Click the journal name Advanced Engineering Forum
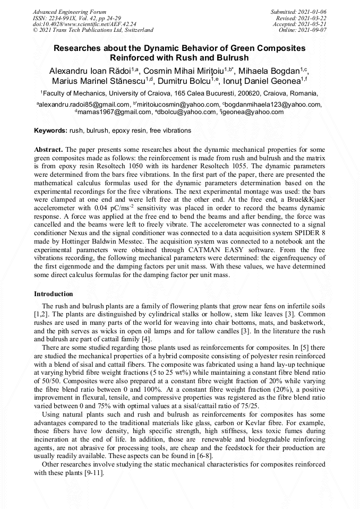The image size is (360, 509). pos(69,12)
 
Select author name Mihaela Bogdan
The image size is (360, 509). pos(272,71)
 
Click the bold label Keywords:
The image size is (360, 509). pos(50,130)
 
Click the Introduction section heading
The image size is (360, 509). pos(54,294)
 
